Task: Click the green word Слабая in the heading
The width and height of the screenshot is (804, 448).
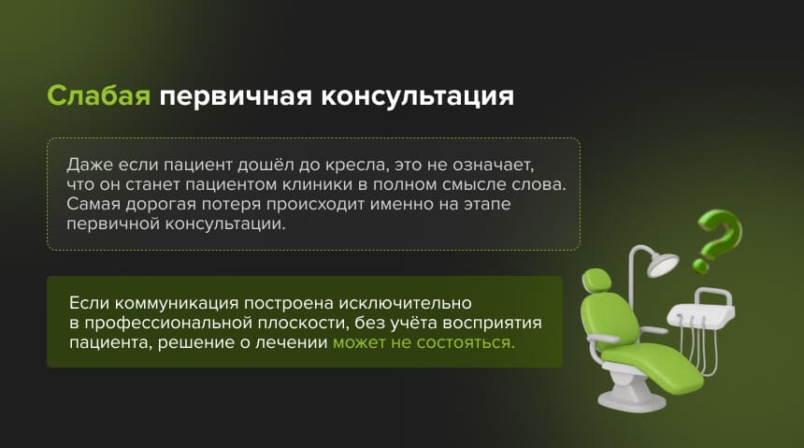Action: pos(98,97)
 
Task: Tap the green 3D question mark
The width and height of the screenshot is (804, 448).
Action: pos(718,238)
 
